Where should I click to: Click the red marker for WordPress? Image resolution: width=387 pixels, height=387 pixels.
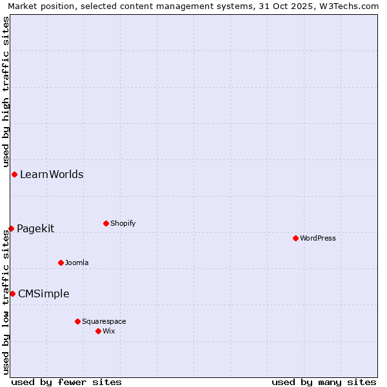coord(295,238)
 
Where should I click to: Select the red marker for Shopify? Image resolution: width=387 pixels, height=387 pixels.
coord(106,223)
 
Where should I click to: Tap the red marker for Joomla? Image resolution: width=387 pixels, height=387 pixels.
coord(61,263)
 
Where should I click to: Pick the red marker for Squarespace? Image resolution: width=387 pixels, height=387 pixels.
coord(77,321)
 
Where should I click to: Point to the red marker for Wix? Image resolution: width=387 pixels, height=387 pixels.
coord(98,331)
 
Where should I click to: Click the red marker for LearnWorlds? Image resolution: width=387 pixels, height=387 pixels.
coord(14,174)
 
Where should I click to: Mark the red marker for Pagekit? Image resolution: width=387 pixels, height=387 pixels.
coord(11,228)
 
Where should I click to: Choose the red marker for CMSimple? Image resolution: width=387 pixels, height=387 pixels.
coord(12,293)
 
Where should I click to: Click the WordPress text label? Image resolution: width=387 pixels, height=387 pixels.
coord(318,238)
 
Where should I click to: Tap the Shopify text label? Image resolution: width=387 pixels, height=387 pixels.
coord(123,223)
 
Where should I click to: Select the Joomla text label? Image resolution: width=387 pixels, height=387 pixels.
coord(77,263)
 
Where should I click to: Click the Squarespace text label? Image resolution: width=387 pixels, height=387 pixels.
coord(104,321)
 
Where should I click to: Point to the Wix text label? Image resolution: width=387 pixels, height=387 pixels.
coord(109,331)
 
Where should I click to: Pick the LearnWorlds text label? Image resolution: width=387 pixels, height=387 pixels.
coord(52,174)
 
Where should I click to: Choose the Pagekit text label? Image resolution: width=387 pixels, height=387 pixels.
coord(35,228)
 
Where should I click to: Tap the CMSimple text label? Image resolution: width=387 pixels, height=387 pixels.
coord(44,293)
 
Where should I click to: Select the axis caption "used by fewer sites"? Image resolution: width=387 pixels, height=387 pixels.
coord(66,382)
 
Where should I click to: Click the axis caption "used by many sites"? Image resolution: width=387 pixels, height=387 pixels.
coord(324,382)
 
